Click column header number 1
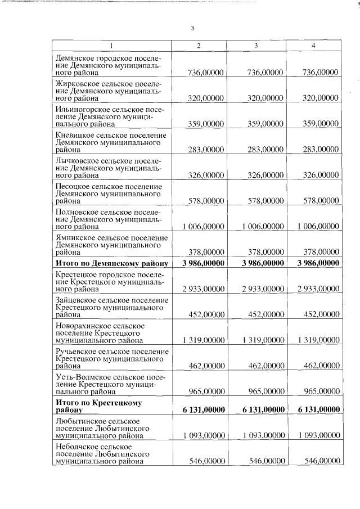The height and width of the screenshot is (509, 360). tap(111, 45)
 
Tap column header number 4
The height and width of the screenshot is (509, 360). tap(313, 45)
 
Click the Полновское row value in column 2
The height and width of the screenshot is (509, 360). tap(204, 226)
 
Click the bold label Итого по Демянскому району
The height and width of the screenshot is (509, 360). tap(111, 263)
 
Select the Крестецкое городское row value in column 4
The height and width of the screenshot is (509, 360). tap(317, 289)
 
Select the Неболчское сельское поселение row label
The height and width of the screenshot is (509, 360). tap(101, 453)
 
